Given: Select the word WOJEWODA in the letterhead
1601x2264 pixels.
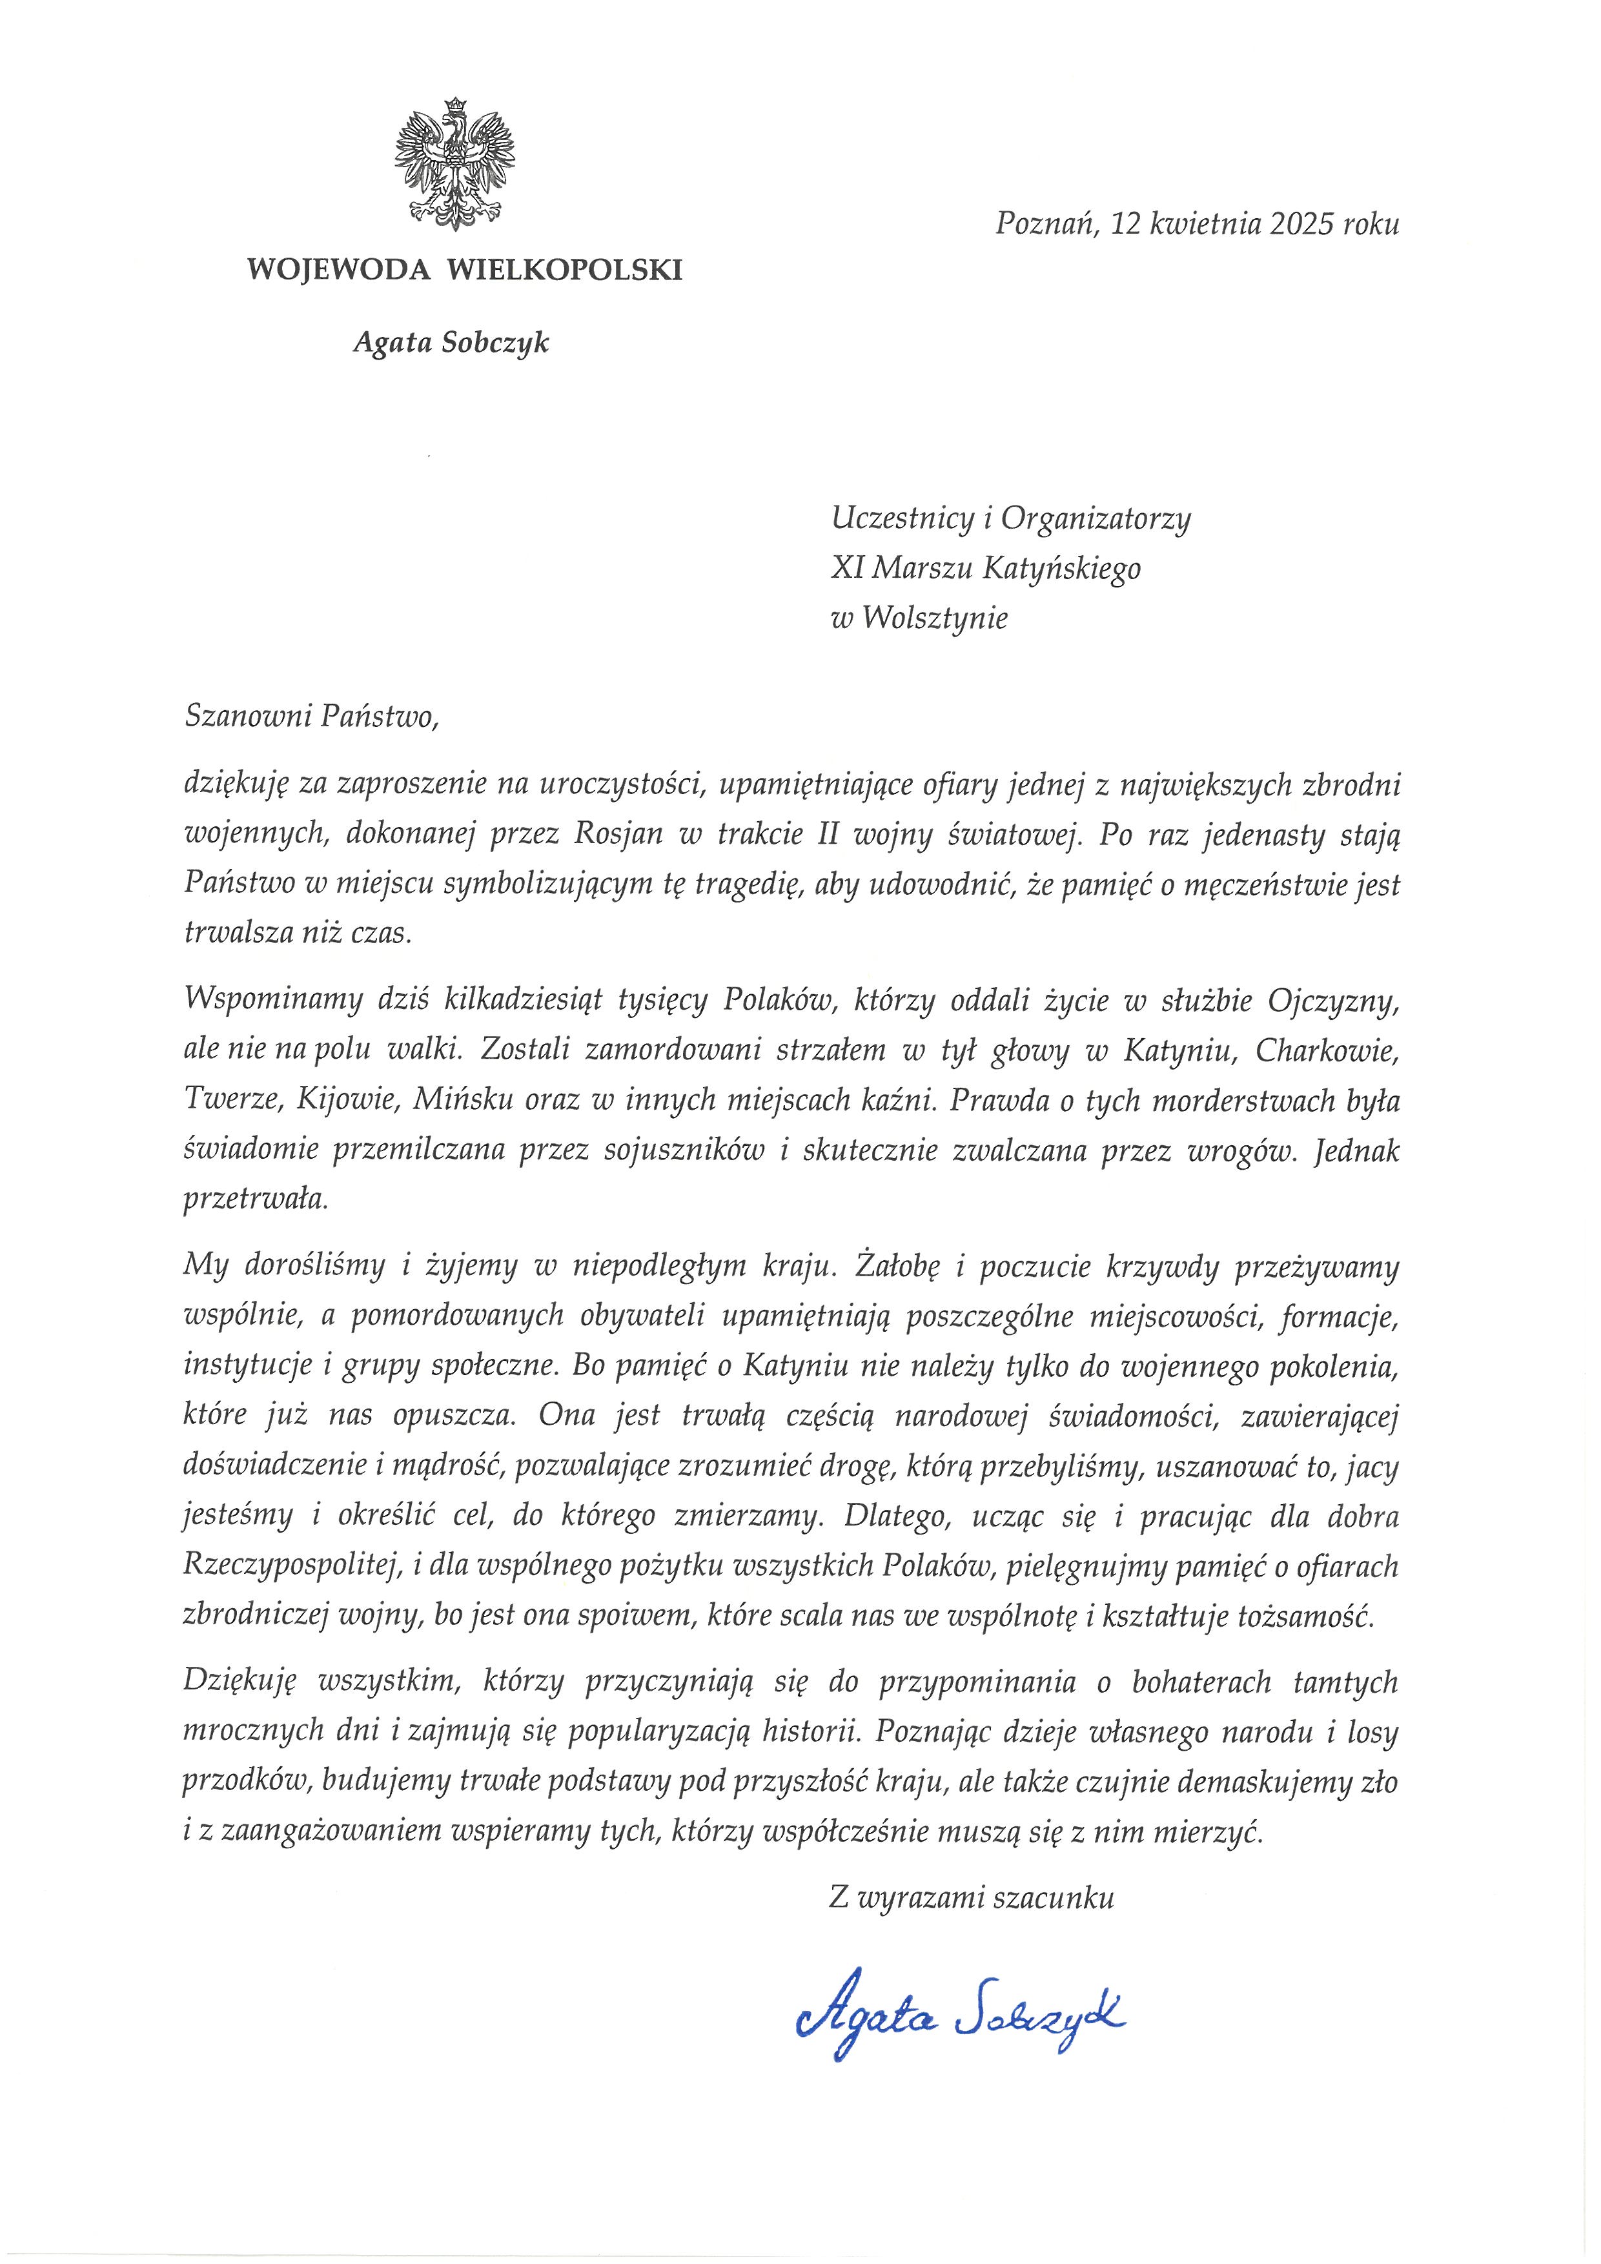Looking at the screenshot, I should tap(338, 269).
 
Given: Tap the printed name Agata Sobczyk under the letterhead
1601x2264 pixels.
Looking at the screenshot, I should tap(451, 343).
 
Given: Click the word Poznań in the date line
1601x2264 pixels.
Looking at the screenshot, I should tap(1047, 224).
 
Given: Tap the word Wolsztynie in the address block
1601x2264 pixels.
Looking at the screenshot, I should tap(935, 618).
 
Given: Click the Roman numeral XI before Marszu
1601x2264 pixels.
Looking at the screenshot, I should tap(848, 568).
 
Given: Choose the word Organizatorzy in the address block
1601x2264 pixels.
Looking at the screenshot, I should tap(1096, 518).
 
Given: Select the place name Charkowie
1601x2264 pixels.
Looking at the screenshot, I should tap(1327, 1050).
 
